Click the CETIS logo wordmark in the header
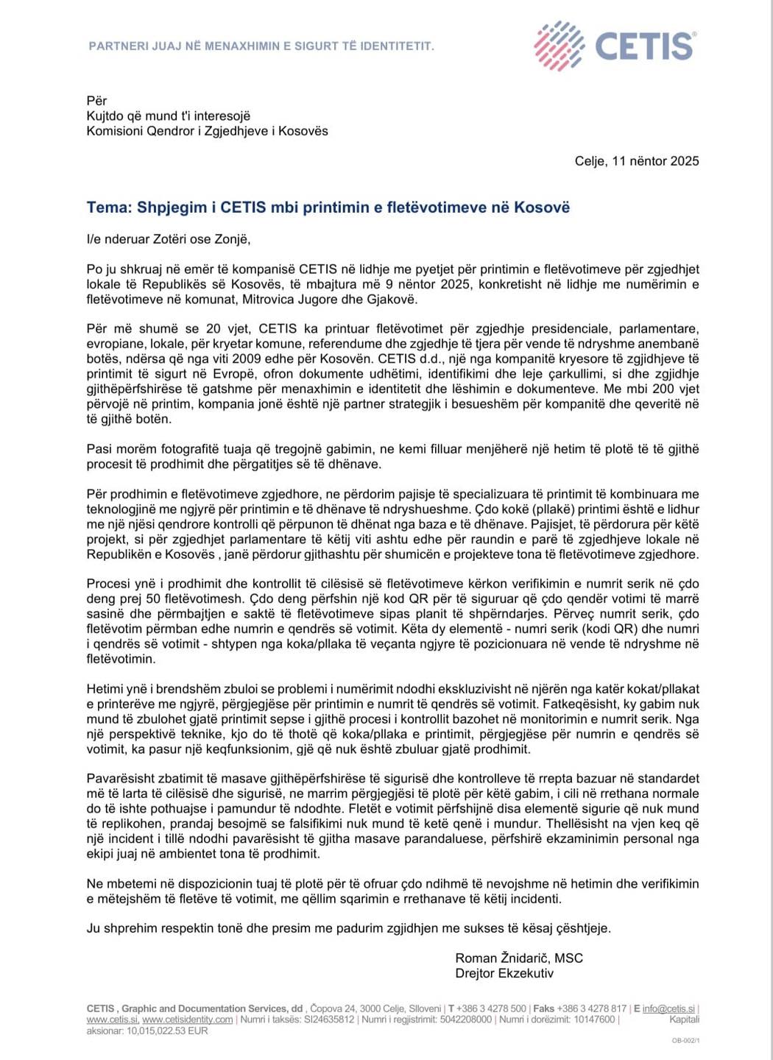coord(644,46)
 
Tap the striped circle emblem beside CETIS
coord(559,46)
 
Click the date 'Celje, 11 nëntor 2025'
coord(637,161)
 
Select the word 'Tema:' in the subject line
coord(109,208)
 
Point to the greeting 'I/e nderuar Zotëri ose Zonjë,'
coord(169,239)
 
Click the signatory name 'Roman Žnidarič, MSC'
coord(519,958)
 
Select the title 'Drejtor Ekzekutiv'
coord(504,973)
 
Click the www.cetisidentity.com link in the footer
coord(187,1020)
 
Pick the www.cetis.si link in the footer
coord(112,1020)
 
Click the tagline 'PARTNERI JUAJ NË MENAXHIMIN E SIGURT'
coord(261,46)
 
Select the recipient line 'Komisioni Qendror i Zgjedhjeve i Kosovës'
coord(208,131)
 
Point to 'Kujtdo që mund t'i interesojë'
coord(169,116)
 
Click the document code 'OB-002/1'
coord(685,1040)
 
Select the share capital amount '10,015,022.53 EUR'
coord(167,1031)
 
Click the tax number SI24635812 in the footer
coord(329,1020)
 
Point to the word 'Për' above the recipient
coord(96,101)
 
